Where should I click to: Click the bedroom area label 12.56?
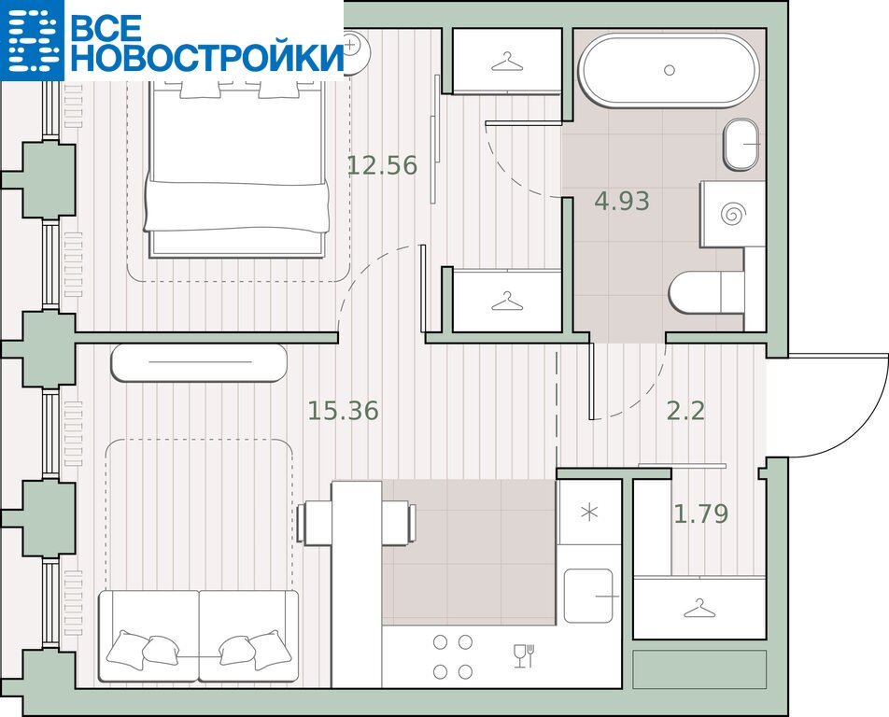[382, 165]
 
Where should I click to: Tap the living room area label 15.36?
[343, 411]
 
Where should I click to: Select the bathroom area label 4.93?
[622, 201]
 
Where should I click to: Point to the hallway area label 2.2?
[686, 411]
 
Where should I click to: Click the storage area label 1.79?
[701, 513]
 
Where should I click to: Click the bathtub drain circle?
[670, 70]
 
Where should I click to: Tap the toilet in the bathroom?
[706, 292]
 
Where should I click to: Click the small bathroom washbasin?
[741, 144]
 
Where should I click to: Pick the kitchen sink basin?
[588, 595]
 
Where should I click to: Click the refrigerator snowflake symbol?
[589, 513]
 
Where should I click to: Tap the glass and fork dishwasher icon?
[525, 655]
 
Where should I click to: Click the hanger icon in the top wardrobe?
[507, 62]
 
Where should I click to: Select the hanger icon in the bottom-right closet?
[699, 608]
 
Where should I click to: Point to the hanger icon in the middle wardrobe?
[507, 301]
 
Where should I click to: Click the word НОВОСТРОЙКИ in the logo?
[207, 57]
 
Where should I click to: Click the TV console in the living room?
[199, 363]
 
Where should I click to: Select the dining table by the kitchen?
[357, 583]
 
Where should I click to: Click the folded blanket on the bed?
[237, 205]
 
